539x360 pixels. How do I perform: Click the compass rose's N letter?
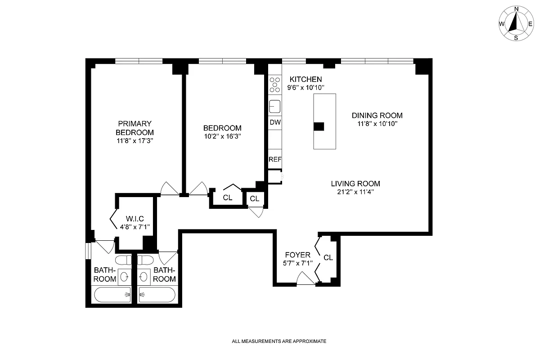click(x=517, y=9)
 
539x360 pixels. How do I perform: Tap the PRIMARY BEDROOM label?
click(x=135, y=128)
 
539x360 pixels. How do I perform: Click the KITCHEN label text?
click(x=305, y=79)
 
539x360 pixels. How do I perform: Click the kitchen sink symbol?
click(x=274, y=107)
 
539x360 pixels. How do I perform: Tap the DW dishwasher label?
click(x=274, y=122)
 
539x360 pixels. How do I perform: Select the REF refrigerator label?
click(x=274, y=159)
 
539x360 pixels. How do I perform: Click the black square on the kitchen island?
click(x=319, y=126)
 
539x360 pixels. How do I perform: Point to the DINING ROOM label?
click(x=377, y=115)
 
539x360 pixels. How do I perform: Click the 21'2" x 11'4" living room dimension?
click(x=355, y=192)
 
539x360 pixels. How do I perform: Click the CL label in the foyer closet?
click(x=328, y=258)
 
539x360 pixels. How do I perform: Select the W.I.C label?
click(x=135, y=219)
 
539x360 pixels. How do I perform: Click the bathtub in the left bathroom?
click(x=112, y=295)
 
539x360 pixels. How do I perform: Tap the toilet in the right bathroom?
click(x=146, y=260)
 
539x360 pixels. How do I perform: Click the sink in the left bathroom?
click(x=125, y=277)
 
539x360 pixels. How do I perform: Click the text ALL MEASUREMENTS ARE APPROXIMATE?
click(x=279, y=341)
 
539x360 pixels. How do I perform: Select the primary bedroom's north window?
click(x=139, y=61)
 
